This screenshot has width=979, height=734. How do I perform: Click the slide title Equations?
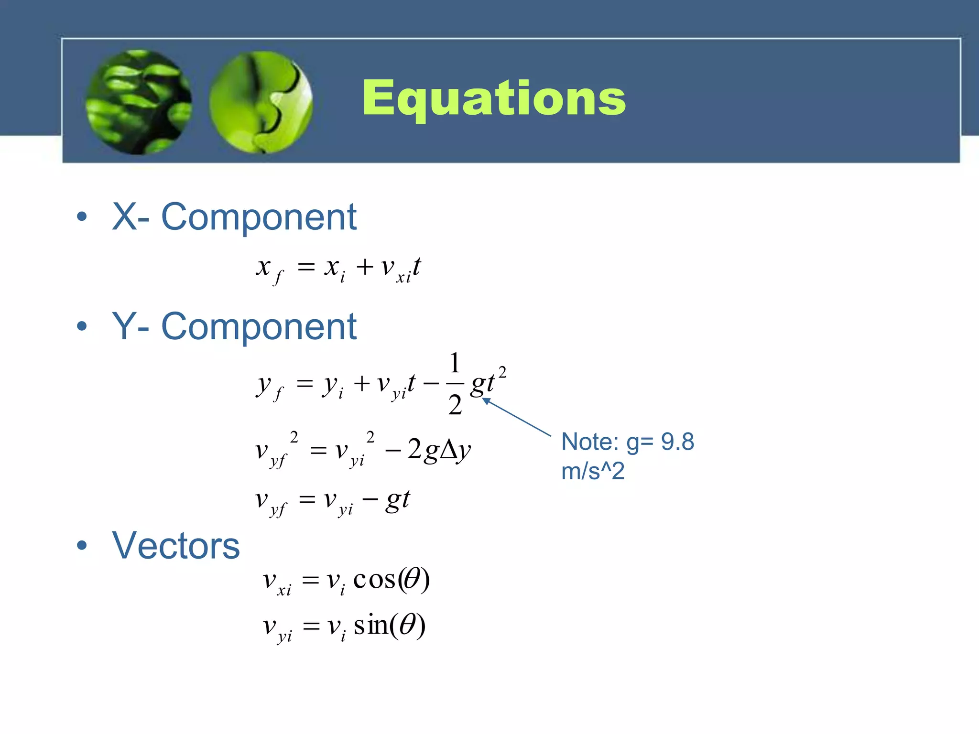[494, 98]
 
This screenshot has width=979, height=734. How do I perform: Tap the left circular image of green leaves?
[139, 102]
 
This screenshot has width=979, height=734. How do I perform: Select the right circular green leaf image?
[261, 102]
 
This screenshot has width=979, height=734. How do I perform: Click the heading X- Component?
[234, 217]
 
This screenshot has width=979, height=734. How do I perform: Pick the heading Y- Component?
[234, 327]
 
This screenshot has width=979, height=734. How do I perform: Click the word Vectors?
[176, 546]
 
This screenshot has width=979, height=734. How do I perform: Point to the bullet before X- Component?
[82, 216]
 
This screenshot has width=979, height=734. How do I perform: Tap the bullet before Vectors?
[82, 545]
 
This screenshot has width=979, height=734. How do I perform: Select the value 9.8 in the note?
[677, 442]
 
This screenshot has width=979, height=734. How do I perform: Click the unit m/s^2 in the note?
[593, 472]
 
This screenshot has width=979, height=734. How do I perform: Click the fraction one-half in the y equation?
[455, 384]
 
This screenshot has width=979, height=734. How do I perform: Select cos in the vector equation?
[375, 580]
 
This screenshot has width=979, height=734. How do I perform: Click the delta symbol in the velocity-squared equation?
[448, 450]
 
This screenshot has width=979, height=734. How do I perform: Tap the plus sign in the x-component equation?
[364, 267]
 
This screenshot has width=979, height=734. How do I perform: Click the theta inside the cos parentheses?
[412, 580]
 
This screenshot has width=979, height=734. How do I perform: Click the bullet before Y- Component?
[82, 326]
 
